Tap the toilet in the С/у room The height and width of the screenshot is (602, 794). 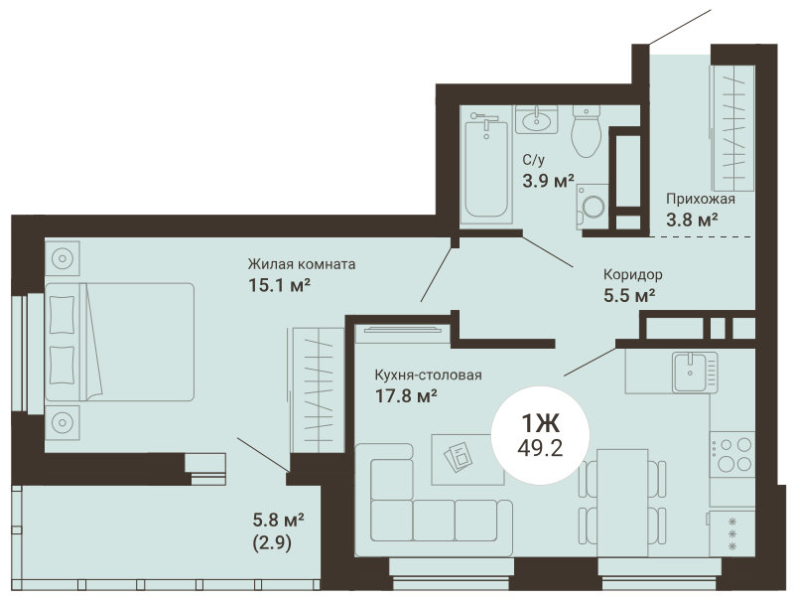tap(587, 131)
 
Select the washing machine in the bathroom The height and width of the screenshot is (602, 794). tap(592, 207)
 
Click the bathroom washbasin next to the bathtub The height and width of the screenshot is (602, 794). tap(536, 119)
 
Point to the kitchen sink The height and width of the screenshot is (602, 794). tap(695, 372)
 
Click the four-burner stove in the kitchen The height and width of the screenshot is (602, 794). tap(731, 454)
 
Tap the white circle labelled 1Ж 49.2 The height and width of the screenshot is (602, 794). tap(541, 435)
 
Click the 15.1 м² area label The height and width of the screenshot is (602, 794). tap(279, 285)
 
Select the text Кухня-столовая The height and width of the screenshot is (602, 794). tap(429, 375)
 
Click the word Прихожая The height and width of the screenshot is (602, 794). tap(701, 199)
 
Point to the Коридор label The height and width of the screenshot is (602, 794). tap(633, 274)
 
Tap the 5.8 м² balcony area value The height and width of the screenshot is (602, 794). tap(279, 520)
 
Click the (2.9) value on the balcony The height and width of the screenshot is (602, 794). tap(272, 543)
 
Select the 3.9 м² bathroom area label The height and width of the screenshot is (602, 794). tap(549, 181)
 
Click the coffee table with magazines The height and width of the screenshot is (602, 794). tap(466, 459)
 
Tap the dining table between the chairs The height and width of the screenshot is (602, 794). tap(622, 503)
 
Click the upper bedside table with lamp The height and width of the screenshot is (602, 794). tap(63, 258)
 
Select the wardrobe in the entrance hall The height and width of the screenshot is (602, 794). tap(733, 128)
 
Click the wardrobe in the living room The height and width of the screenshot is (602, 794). tap(318, 389)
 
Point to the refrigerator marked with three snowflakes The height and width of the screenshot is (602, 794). tap(731, 533)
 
